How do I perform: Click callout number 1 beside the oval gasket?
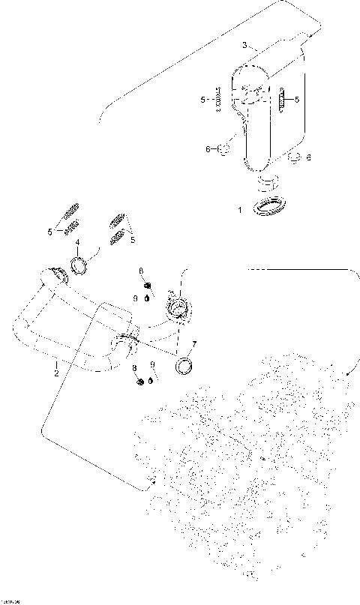(240, 211)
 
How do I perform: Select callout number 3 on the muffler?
(244, 46)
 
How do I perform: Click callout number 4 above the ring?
(77, 241)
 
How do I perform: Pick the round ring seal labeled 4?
(81, 265)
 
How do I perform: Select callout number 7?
(193, 344)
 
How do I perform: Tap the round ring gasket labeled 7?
(184, 366)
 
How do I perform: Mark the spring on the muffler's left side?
(219, 99)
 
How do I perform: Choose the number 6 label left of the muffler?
(208, 149)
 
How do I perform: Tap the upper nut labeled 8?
(147, 284)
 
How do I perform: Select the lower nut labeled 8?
(139, 382)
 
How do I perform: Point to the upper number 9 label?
(135, 298)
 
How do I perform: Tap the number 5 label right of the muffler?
(296, 99)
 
